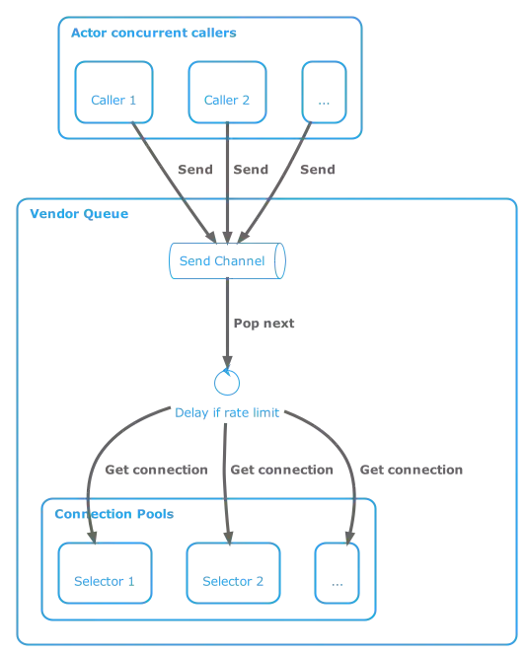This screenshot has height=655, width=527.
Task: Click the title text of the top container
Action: coord(154,34)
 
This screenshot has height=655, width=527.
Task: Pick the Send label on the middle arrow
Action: coord(250,172)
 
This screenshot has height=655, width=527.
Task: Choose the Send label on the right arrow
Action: coord(319,172)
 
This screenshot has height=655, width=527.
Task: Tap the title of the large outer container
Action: coord(74,214)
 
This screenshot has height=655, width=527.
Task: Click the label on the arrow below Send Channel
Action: coord(263,323)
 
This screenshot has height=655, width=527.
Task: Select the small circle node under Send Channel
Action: coord(227,381)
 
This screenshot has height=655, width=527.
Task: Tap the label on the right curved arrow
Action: coord(413,471)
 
